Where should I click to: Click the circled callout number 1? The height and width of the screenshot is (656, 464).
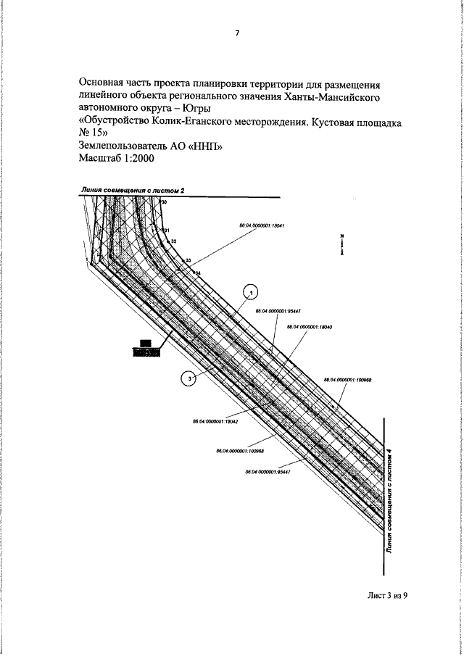point(251,291)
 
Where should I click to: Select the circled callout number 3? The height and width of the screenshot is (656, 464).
point(188,378)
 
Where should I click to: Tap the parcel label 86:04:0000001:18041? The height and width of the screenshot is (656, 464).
point(261,225)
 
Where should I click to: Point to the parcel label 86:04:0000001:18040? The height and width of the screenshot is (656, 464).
point(310,327)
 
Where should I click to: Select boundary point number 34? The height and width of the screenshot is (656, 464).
point(196,272)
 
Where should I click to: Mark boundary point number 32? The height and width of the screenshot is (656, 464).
point(174,240)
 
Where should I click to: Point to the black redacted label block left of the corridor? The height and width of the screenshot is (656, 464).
point(146,348)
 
